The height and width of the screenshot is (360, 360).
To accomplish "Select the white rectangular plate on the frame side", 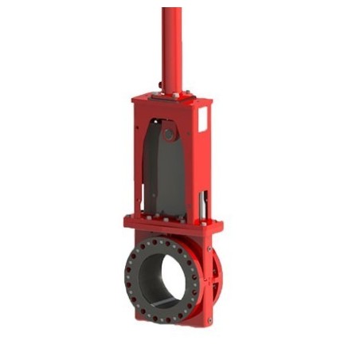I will [202, 120].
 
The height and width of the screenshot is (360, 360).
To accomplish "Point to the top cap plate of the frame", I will [171, 100].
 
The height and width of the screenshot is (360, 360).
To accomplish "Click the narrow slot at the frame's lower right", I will [206, 202].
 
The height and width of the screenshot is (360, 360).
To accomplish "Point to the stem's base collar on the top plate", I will [171, 93].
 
